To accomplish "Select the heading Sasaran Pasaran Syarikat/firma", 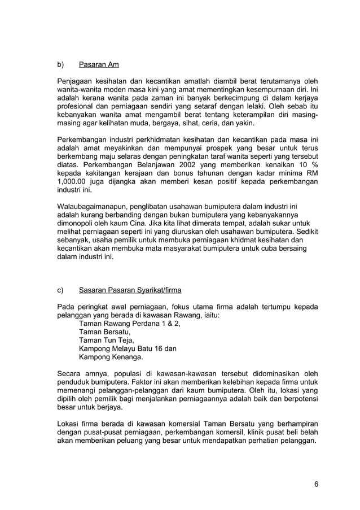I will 130,290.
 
